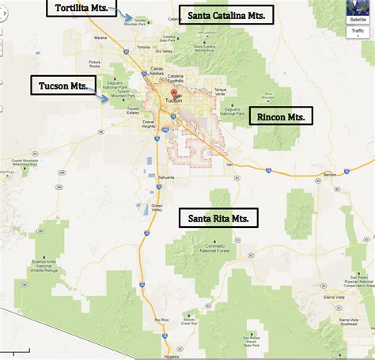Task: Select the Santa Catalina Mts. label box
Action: tap(226, 15)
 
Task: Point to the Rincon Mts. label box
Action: tap(281, 116)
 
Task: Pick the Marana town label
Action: tap(100, 37)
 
